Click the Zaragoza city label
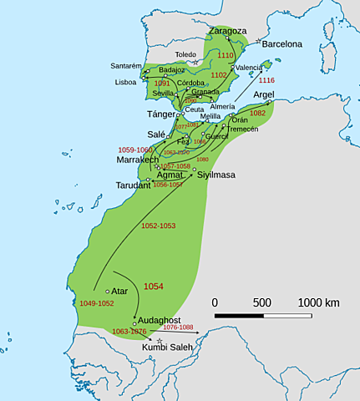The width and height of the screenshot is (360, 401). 227,31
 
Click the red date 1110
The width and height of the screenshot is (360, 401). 226,55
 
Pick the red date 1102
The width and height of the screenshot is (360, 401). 218,75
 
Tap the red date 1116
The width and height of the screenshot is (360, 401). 266,80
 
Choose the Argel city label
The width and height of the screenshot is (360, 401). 264,94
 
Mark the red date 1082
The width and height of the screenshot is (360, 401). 257,113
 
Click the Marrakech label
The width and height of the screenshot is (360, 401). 138,159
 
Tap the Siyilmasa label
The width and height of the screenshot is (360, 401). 216,175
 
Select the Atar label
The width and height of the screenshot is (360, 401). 119,292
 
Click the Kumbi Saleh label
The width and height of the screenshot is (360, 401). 165,346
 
